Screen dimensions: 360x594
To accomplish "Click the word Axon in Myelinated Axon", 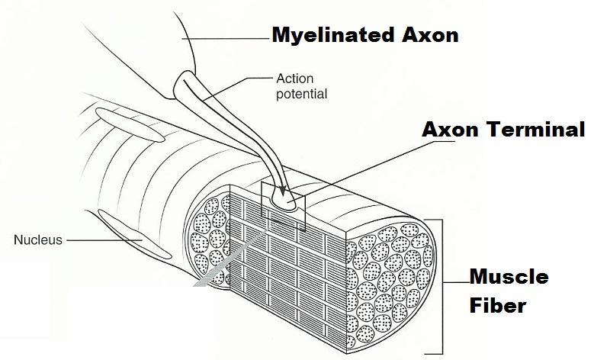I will click(432, 36).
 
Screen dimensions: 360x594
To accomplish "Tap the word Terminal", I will click(533, 130).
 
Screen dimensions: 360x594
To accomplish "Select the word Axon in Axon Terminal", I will click(449, 130).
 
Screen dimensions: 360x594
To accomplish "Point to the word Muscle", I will click(508, 277).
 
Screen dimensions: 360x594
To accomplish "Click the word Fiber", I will click(497, 306).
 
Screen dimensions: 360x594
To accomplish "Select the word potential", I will click(301, 95).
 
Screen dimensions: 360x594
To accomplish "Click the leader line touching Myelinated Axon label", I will click(229, 37).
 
